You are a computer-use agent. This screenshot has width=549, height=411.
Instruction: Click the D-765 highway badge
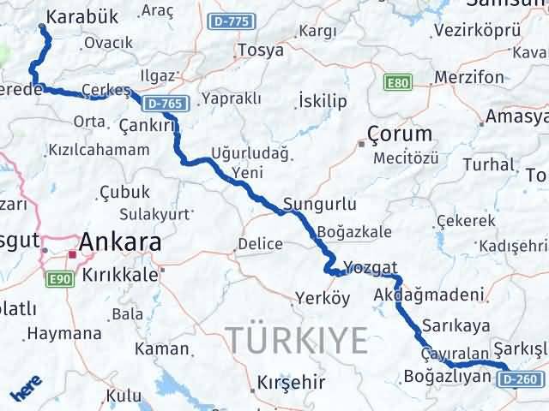point(164,104)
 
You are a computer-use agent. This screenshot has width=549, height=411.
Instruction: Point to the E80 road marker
point(398,83)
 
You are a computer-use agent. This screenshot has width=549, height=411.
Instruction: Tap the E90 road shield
point(59,278)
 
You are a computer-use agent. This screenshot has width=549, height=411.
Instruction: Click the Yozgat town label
point(371,266)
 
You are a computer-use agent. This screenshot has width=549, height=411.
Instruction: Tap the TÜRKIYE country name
point(297,340)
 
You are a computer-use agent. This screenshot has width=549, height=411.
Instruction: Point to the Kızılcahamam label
point(100,149)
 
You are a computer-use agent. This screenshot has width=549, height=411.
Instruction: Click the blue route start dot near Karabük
point(42,27)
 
